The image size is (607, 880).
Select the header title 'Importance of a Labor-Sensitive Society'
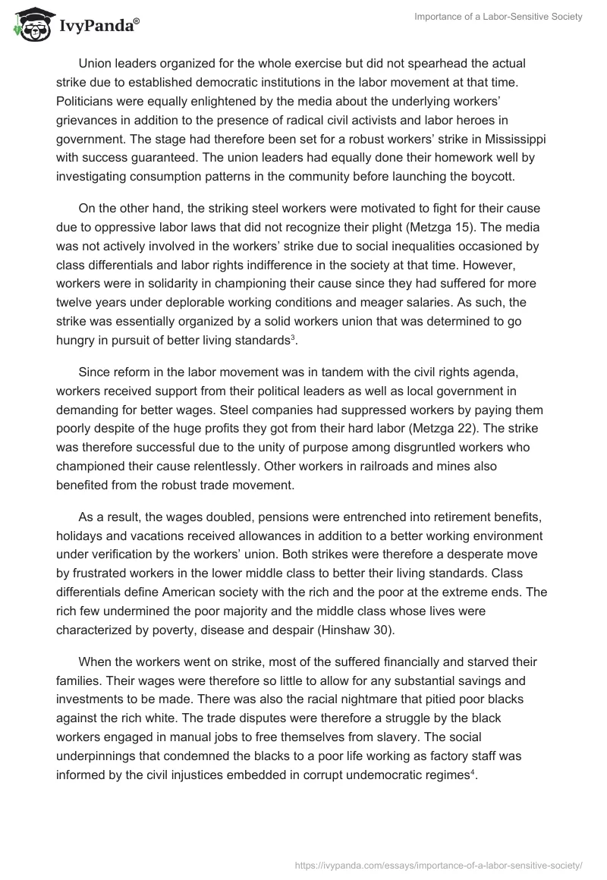(498, 17)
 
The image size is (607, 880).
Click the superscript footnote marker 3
(294, 337)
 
